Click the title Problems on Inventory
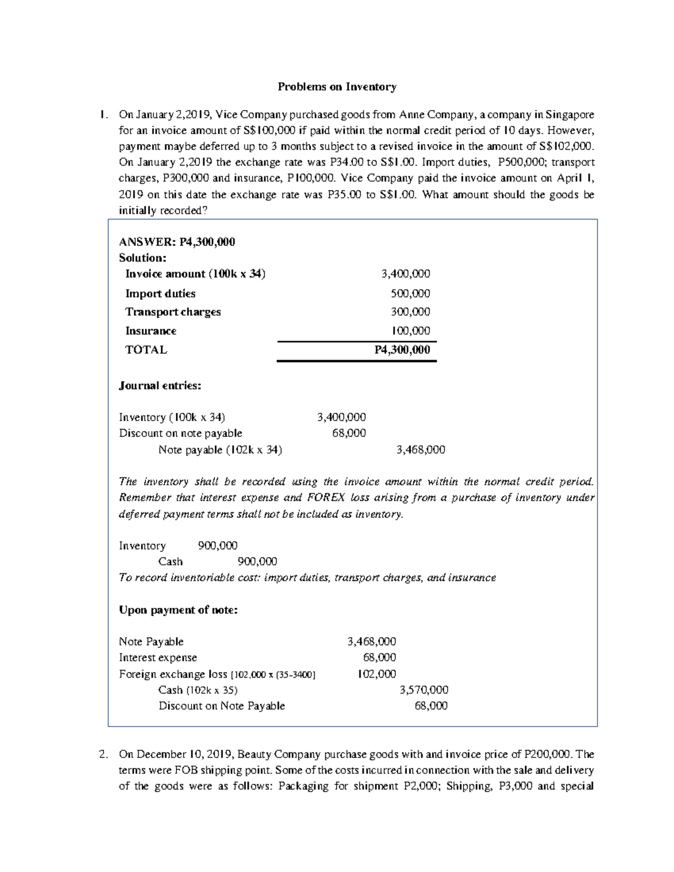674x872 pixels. [x=337, y=87]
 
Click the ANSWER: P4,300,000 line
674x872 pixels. [x=177, y=242]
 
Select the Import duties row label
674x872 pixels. [x=160, y=294]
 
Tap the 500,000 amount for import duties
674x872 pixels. [x=411, y=294]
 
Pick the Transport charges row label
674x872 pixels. [x=172, y=312]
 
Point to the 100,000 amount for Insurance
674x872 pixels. [x=411, y=331]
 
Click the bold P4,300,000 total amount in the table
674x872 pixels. [x=402, y=350]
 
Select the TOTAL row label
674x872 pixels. [x=146, y=350]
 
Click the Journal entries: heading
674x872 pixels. [x=160, y=386]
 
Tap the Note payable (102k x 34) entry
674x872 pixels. [x=220, y=450]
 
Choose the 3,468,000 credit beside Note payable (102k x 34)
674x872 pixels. [x=421, y=450]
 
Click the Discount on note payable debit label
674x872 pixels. [x=180, y=433]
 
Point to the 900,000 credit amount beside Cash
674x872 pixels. [x=257, y=561]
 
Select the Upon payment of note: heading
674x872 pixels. [x=178, y=610]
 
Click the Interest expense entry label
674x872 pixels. [x=158, y=658]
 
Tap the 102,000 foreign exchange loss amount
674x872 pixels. [x=377, y=674]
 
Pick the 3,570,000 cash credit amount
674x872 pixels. [x=423, y=690]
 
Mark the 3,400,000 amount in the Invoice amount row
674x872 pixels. [x=406, y=274]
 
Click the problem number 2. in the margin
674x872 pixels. [x=102, y=754]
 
